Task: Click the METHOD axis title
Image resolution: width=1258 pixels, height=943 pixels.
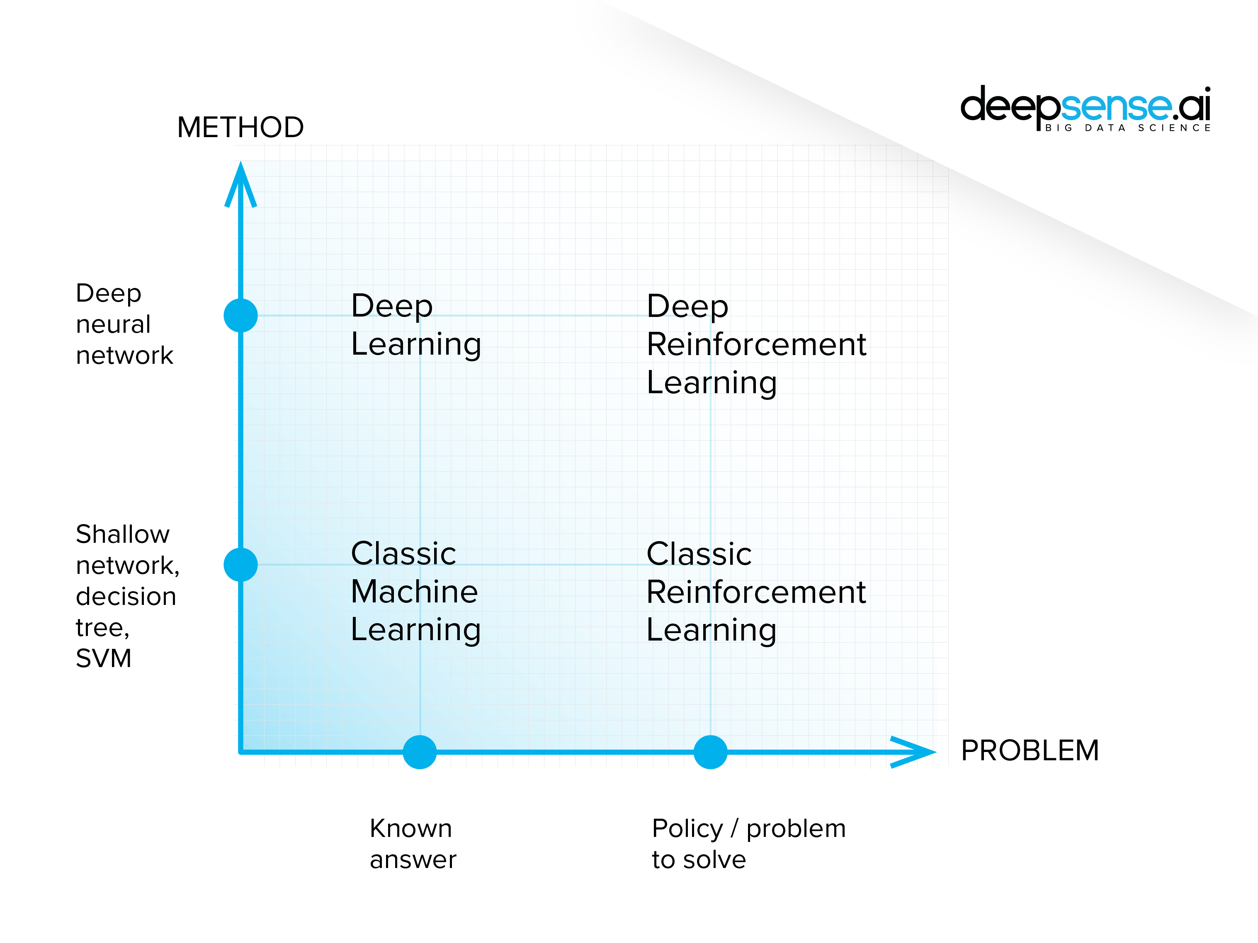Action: pyautogui.click(x=240, y=127)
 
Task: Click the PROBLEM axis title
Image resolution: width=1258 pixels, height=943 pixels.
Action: pyautogui.click(x=1030, y=750)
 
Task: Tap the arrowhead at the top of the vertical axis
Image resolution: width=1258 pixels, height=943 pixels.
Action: pyautogui.click(x=240, y=182)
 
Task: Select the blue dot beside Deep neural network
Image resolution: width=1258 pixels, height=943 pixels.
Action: pyautogui.click(x=240, y=315)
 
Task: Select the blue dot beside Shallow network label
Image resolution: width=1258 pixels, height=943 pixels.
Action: pyautogui.click(x=240, y=564)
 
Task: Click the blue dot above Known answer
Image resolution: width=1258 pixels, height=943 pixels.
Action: pyautogui.click(x=420, y=752)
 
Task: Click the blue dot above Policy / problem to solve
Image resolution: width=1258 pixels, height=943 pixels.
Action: pyautogui.click(x=710, y=752)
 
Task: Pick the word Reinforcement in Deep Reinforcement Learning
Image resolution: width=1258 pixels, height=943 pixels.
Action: pyautogui.click(x=756, y=344)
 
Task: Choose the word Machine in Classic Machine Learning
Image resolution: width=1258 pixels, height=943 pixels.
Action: pyautogui.click(x=414, y=592)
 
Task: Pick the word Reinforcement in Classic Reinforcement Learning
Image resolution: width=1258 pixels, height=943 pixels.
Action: pyautogui.click(x=756, y=592)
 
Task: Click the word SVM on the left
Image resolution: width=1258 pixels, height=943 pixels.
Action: pyautogui.click(x=104, y=659)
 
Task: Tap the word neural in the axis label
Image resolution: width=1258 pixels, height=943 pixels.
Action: pyautogui.click(x=113, y=324)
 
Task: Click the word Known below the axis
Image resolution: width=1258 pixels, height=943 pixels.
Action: pyautogui.click(x=410, y=829)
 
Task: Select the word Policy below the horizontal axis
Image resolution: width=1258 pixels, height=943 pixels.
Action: pyautogui.click(x=687, y=829)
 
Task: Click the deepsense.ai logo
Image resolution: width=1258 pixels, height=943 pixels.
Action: pyautogui.click(x=1085, y=105)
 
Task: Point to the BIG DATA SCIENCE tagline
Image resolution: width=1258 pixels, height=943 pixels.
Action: pyautogui.click(x=1128, y=128)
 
